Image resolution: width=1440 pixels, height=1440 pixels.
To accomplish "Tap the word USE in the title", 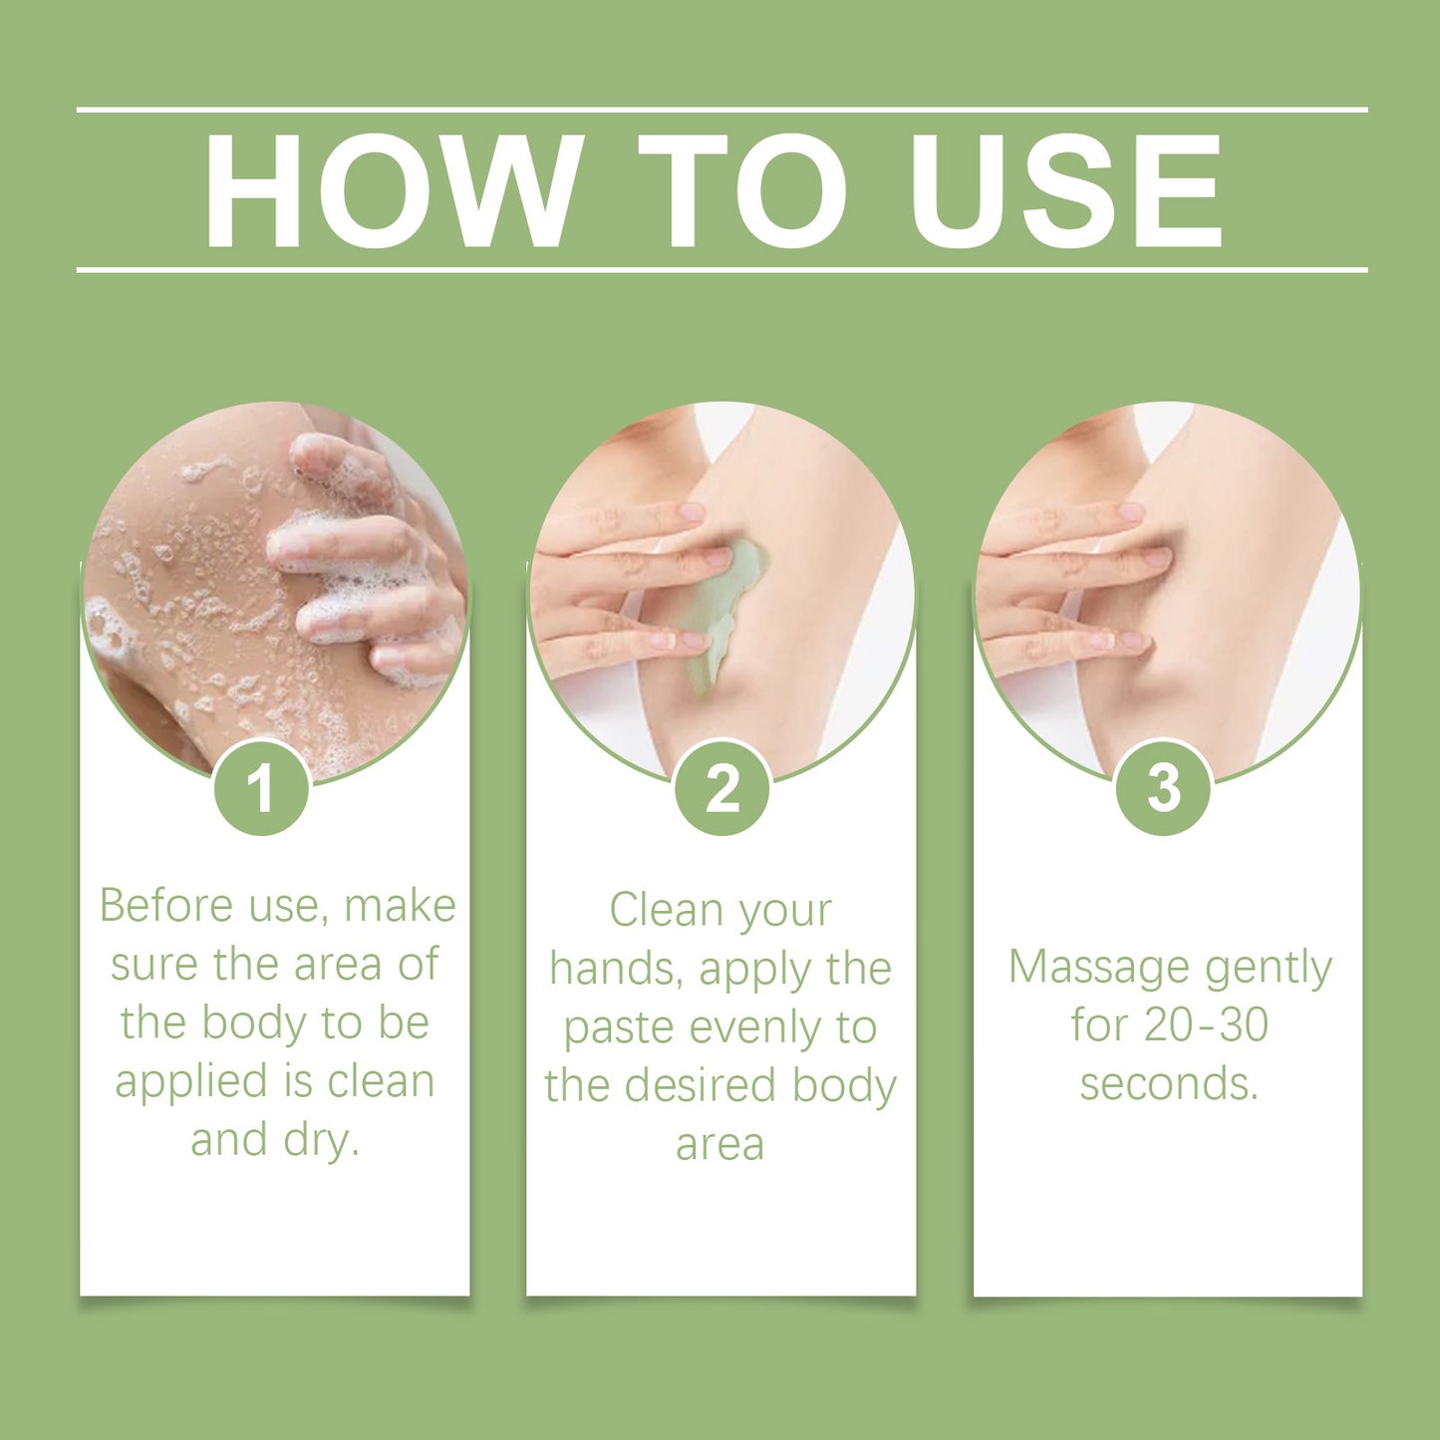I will (x=1065, y=190).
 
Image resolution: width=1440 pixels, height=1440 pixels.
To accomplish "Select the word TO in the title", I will (x=742, y=190).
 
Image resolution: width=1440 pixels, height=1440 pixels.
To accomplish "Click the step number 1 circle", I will (x=262, y=788).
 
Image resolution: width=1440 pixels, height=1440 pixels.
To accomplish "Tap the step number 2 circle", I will (x=721, y=788).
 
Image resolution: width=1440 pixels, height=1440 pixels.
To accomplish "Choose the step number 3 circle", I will (x=1163, y=788).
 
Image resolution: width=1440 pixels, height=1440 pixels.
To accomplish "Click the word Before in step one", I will (x=165, y=906).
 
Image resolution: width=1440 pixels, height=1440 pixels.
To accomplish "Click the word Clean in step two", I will (x=664, y=910).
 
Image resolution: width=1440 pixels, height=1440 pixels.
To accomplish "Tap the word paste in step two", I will (x=615, y=1027).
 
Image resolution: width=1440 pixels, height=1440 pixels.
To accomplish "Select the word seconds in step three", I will (x=1168, y=1083).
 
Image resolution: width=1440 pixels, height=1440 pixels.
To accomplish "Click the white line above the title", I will (x=721, y=109).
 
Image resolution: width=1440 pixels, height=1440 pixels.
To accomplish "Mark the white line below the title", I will (x=721, y=269).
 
